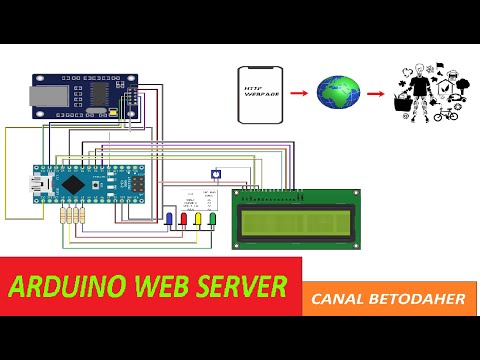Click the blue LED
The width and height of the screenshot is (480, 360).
[x=169, y=219]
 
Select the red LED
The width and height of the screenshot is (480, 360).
[x=183, y=219]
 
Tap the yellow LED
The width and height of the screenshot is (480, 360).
[x=198, y=219]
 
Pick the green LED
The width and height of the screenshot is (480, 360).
[x=212, y=219]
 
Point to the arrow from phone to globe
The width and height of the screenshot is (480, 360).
[x=297, y=92]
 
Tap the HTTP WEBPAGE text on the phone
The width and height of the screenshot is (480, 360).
[x=258, y=93]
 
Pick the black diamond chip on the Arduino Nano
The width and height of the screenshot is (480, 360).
[x=73, y=185]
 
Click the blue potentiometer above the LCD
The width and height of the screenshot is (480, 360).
[x=217, y=172]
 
